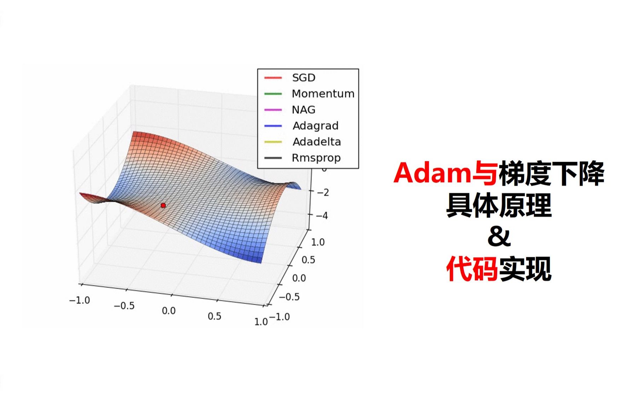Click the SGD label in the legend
[x=304, y=77]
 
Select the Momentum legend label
[x=323, y=93]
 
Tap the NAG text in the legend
[x=304, y=110]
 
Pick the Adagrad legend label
[x=316, y=126]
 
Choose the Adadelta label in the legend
[x=317, y=142]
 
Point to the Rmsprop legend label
[x=316, y=158]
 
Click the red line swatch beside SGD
[x=273, y=77]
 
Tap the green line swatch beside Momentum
[x=273, y=94]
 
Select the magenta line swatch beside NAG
[x=273, y=110]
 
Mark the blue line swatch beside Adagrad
[x=273, y=126]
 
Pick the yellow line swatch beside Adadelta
[x=273, y=142]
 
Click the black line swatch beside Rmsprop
[x=273, y=158]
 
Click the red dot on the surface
[x=163, y=205]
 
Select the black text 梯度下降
[x=552, y=173]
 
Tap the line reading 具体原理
[x=499, y=206]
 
